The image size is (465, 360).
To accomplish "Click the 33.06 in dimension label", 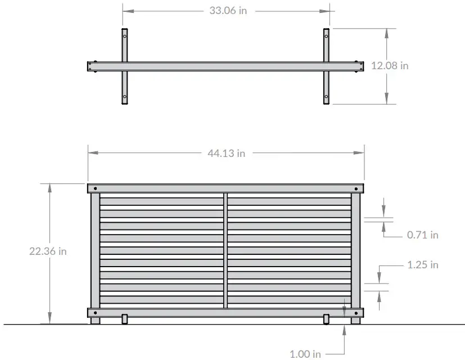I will (227, 11).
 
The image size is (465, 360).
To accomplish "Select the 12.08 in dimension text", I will (390, 65).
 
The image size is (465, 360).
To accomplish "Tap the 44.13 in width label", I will (227, 153).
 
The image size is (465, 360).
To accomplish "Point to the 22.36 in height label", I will (48, 251).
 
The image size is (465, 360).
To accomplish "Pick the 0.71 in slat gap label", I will (422, 235).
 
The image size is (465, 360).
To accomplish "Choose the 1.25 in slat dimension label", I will (422, 264).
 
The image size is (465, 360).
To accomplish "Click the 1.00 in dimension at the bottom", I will (305, 354).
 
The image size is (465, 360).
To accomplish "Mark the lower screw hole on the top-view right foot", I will (326, 97).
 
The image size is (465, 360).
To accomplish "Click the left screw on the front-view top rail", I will (96, 188).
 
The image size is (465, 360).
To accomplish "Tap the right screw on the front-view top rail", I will (355, 188).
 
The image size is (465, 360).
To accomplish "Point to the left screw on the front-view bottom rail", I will (96, 313).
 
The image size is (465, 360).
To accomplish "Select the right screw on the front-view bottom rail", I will (355, 313).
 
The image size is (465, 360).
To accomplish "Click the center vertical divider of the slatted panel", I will (225, 250).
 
